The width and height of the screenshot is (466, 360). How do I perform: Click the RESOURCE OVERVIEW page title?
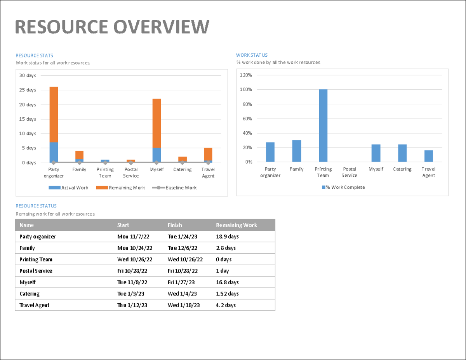click(112, 27)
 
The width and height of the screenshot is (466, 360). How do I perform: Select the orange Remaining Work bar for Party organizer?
click(54, 115)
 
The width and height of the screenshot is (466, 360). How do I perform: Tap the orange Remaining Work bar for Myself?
click(156, 123)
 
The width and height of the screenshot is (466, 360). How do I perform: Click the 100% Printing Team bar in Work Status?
click(323, 125)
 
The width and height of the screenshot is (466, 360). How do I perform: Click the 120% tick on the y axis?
click(246, 75)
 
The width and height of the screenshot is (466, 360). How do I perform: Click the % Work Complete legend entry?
click(343, 187)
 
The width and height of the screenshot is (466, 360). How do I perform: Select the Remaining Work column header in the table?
click(236, 225)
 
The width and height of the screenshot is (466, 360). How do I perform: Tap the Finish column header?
click(175, 225)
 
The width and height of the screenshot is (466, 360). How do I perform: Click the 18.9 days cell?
click(227, 237)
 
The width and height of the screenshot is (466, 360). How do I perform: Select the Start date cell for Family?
click(135, 248)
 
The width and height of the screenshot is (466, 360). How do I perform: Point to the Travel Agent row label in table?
click(34, 305)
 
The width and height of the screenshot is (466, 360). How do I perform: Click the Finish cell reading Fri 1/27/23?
click(181, 282)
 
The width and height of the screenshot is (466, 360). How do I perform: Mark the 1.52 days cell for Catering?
click(227, 294)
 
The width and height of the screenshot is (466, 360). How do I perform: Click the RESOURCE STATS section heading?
click(34, 56)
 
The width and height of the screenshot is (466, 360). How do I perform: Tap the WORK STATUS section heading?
click(252, 55)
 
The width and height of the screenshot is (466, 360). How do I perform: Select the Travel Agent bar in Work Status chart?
click(428, 156)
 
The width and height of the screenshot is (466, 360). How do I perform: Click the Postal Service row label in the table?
click(36, 271)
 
